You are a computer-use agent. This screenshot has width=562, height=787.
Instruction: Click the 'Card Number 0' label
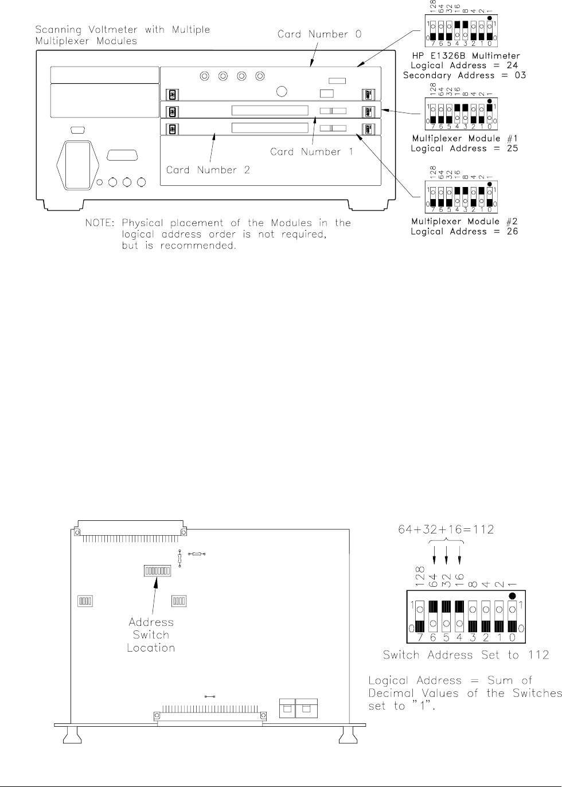[x=319, y=34]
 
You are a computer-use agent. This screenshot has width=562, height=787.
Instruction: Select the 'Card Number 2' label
[x=208, y=170]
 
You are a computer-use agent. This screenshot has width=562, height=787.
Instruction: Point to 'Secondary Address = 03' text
[x=465, y=75]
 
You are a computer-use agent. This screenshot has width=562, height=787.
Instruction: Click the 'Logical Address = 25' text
[x=465, y=149]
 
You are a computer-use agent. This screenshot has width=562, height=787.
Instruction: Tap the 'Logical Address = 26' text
[x=465, y=231]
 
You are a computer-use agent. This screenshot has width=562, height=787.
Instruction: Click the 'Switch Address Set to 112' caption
[x=466, y=654]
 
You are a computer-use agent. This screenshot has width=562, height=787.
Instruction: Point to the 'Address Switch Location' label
[x=151, y=634]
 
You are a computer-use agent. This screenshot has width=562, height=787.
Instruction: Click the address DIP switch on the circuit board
[x=157, y=571]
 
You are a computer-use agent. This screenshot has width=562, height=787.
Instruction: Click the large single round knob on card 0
[x=282, y=92]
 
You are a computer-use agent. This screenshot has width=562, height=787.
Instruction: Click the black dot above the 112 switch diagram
[x=513, y=595]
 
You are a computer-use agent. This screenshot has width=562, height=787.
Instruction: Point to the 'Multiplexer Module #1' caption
[x=465, y=139]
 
